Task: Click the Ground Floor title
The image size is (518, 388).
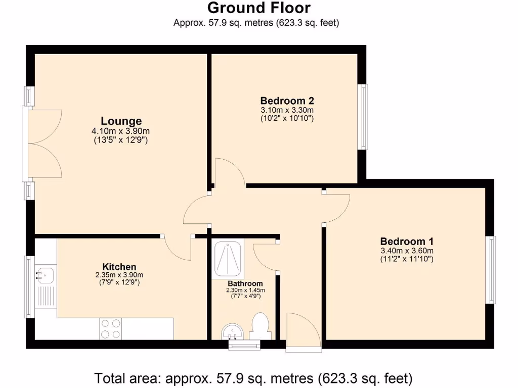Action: coord(258,8)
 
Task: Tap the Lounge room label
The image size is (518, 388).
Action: coord(121,121)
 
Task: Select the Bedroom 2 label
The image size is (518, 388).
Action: coord(287,101)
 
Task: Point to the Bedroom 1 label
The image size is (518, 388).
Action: coord(407,241)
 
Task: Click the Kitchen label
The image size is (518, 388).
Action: coord(119,267)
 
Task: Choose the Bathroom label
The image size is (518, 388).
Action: coord(245,283)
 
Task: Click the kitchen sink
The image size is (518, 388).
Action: coord(45,275)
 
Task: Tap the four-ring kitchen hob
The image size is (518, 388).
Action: coord(111,328)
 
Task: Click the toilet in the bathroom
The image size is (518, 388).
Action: coord(261,326)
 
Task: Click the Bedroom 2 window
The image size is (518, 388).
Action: coord(363,117)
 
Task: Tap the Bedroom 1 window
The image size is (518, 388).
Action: coord(491,270)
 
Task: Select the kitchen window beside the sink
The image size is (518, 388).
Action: coord(30,287)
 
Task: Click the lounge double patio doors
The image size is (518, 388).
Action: coord(43,144)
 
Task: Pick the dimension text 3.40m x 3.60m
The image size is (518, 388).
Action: coord(407,251)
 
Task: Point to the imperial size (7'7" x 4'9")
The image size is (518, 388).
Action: coord(245,296)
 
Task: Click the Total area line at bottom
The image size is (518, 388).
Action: coord(253,377)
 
